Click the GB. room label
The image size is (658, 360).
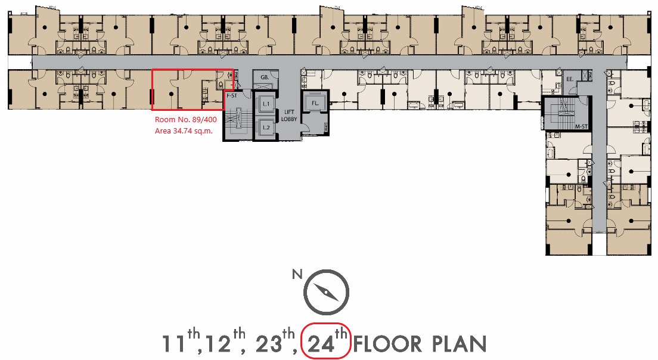[265, 77]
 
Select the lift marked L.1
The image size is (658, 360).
[266, 104]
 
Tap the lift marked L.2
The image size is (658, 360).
[266, 128]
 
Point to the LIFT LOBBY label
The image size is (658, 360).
[289, 116]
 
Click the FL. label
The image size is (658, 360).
[315, 103]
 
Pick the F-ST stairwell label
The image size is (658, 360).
[232, 96]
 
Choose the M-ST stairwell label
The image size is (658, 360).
[581, 126]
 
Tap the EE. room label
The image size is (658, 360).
[569, 79]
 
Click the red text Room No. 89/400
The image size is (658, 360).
[186, 120]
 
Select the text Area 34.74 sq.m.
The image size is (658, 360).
[184, 131]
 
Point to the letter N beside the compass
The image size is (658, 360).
[297, 274]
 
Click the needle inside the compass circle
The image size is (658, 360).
[327, 292]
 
